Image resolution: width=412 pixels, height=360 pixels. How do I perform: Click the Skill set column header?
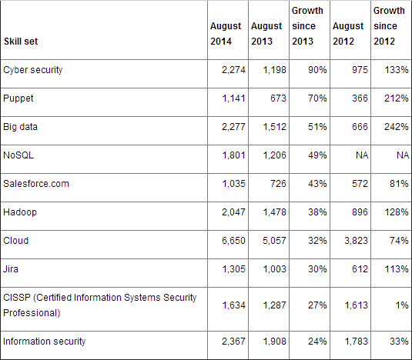pos(21,42)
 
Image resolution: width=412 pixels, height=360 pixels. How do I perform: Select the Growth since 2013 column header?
pos(307,26)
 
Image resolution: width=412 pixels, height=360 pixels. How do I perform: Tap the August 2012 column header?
pos(348,34)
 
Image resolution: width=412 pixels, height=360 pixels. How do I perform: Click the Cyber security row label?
pos(33,70)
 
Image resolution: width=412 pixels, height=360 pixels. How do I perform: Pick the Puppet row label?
pos(18,98)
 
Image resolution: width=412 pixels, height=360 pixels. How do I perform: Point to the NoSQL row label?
pos(18,155)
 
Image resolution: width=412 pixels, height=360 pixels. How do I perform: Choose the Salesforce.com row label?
pos(36,184)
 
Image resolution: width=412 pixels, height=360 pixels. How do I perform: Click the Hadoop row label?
pos(20,212)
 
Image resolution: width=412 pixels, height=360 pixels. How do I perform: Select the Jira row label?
pos(11,269)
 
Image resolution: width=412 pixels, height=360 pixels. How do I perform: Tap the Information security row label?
pos(45,342)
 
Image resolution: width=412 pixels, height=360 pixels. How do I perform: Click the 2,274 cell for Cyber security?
pos(233,70)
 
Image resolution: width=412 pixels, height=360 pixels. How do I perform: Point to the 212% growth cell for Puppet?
pos(397,98)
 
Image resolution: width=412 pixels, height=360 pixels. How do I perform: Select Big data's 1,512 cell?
pos(275,127)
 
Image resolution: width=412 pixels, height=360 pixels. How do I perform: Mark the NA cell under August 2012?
pos(362,155)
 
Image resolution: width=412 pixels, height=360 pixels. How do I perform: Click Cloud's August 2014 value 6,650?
pos(233,241)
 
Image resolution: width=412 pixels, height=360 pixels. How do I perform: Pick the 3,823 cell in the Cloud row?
pos(356,241)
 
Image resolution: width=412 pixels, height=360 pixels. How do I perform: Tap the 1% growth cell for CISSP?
pos(402,305)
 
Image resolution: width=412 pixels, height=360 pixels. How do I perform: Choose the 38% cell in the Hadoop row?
pos(317,212)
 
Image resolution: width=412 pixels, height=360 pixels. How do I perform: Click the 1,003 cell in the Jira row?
pos(275,269)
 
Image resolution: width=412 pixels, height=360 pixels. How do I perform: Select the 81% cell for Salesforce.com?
pos(399,184)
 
